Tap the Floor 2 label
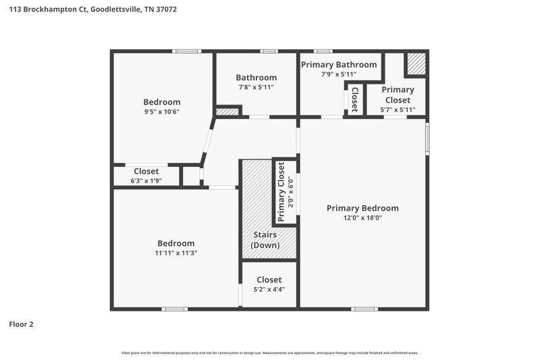coord(21,324)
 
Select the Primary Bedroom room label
coord(362,208)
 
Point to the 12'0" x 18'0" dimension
coord(362,218)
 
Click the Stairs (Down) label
coord(265,240)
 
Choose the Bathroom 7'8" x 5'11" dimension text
coord(256,87)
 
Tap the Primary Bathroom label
coord(338,64)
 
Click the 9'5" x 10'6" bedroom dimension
coord(161,112)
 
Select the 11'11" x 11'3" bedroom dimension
coord(175,253)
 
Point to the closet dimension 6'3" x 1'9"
coord(146,180)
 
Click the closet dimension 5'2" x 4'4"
coord(269,289)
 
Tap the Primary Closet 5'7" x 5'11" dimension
coord(398,109)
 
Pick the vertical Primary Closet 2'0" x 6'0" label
coord(286,192)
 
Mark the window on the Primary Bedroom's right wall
coord(427,138)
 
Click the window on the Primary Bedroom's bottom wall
coord(364,309)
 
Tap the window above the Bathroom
coord(269,51)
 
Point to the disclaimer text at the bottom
coord(269,353)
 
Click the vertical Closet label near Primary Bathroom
coord(354,99)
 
